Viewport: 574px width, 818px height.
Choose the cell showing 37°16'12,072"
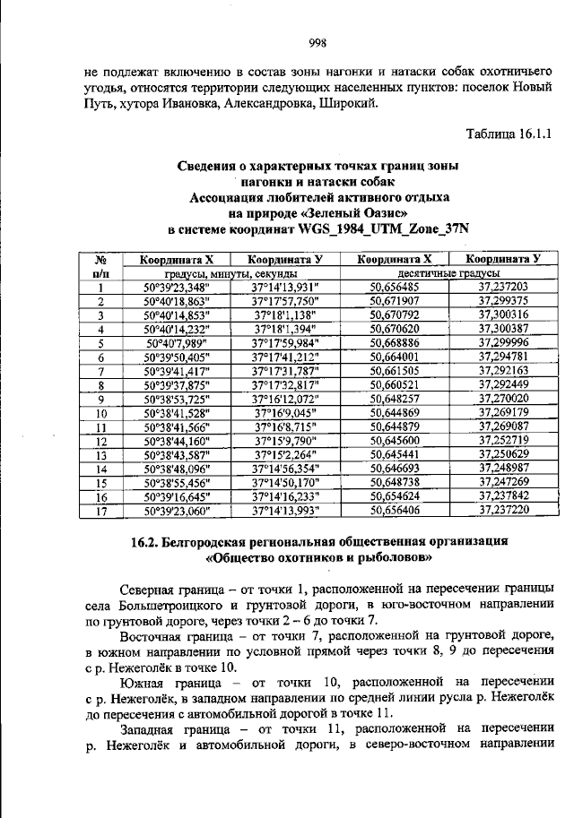[285, 398]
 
